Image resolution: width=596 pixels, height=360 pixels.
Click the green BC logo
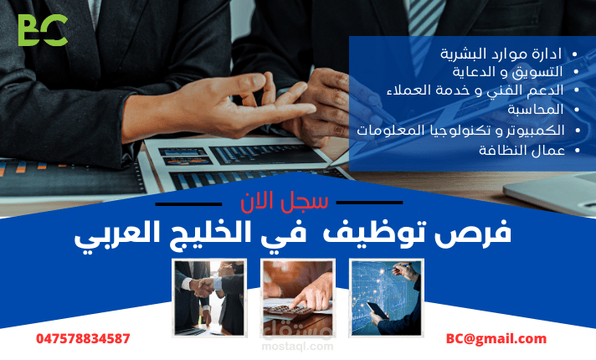[x=43, y=31]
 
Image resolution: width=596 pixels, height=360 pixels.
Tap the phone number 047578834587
[x=83, y=338]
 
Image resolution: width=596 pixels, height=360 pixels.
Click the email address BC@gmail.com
[x=496, y=338]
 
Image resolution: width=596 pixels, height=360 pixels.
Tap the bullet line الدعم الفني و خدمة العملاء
[x=475, y=90]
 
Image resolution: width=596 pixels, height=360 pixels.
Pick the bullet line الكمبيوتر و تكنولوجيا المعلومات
[x=460, y=130]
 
